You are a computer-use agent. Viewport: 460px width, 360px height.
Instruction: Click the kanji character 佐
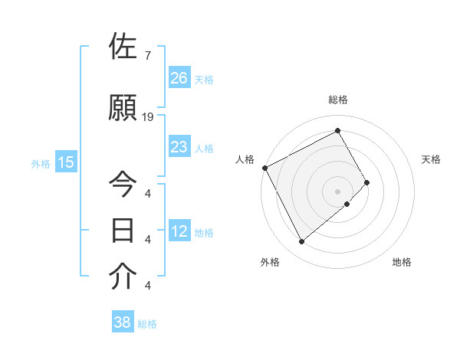(124, 47)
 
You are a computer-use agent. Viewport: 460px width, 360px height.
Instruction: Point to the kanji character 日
(124, 231)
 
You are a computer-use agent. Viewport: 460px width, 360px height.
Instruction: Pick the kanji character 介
(124, 277)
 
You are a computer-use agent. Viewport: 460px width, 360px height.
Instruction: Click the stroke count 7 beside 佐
(147, 56)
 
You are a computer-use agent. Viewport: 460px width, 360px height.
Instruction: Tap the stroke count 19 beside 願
(149, 117)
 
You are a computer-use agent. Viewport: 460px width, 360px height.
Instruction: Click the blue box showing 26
(179, 77)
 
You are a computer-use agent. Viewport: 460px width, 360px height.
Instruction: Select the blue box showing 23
(179, 147)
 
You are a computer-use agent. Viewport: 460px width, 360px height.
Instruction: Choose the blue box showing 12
(179, 231)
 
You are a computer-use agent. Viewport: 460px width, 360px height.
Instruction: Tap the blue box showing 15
(66, 162)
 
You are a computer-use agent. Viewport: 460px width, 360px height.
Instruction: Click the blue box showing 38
(123, 322)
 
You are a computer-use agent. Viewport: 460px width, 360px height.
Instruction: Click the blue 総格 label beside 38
(147, 324)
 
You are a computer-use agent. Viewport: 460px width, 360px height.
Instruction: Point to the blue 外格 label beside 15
(41, 163)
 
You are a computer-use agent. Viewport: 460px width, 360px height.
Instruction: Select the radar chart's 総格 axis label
(338, 100)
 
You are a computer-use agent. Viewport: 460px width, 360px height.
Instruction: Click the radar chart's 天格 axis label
(432, 159)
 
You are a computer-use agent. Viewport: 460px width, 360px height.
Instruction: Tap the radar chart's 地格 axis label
(402, 263)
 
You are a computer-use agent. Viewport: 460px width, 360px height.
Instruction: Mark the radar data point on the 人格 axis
(264, 168)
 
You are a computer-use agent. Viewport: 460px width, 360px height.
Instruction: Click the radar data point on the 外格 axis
(301, 242)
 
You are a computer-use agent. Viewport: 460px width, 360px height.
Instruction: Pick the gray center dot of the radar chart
(337, 190)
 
